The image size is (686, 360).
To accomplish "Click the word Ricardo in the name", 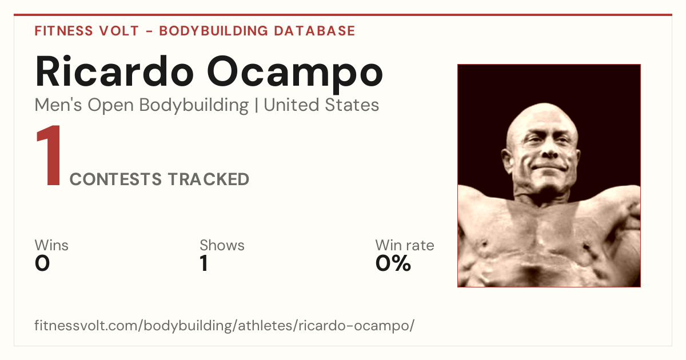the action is pyautogui.click(x=114, y=71).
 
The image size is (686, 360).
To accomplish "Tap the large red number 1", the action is pyautogui.click(x=49, y=155).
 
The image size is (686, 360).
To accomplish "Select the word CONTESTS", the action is pyautogui.click(x=115, y=179).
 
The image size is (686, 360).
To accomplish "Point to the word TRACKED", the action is pyautogui.click(x=209, y=179).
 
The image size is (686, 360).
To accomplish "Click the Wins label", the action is pyautogui.click(x=51, y=245).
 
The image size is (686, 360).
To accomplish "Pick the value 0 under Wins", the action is pyautogui.click(x=42, y=263).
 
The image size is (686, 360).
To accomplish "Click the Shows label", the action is pyautogui.click(x=222, y=245).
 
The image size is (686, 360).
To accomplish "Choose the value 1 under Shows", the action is pyautogui.click(x=204, y=263).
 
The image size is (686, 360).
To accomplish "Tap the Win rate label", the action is pyautogui.click(x=405, y=245).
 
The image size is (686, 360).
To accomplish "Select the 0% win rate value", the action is pyautogui.click(x=393, y=263).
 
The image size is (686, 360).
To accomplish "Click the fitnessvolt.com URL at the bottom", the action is pyautogui.click(x=225, y=325).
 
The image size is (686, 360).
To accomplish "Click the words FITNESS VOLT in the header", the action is pyautogui.click(x=87, y=31).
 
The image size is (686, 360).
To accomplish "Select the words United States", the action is pyautogui.click(x=321, y=105).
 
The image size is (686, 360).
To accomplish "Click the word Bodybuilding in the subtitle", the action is pyautogui.click(x=194, y=105).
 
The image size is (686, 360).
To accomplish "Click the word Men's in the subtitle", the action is pyautogui.click(x=58, y=105).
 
